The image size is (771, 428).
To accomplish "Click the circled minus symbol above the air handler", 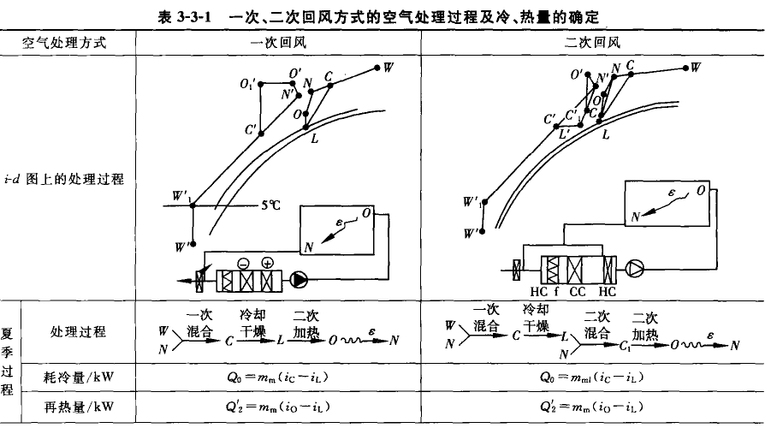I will click(243, 263).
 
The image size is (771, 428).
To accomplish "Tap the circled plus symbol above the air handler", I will click(267, 263).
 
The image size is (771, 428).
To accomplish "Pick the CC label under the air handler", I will click(578, 288).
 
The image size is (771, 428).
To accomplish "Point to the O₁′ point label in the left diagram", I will click(246, 84).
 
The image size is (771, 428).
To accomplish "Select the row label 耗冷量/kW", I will click(78, 377).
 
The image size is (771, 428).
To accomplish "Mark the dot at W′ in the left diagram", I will click(193, 242).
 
